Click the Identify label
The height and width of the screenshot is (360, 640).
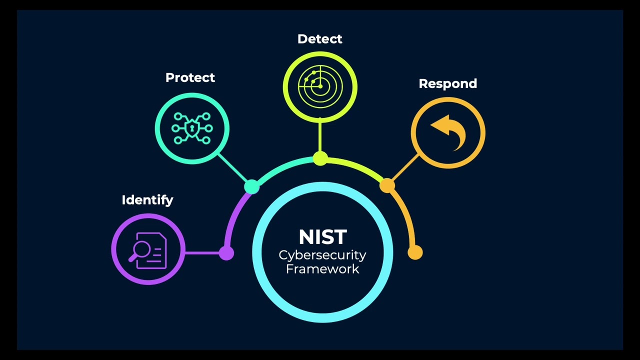[x=147, y=200]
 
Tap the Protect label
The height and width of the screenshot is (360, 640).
[x=190, y=78]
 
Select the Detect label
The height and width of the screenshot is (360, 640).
[x=319, y=39]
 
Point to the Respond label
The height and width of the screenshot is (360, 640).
[x=447, y=83]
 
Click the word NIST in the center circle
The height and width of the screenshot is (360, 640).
[x=322, y=237]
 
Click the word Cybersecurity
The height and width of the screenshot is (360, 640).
[x=322, y=255]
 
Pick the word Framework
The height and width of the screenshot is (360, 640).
[x=322, y=269]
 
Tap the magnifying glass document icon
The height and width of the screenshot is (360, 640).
[x=148, y=250]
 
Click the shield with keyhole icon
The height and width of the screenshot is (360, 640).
[x=192, y=128]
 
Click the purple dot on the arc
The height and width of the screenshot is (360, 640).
[x=226, y=252]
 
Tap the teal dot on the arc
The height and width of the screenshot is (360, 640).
[x=252, y=186]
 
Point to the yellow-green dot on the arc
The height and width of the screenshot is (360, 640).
[x=320, y=159]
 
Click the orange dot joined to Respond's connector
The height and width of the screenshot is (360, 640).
[x=386, y=186]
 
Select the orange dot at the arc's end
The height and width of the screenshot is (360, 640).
[x=415, y=252]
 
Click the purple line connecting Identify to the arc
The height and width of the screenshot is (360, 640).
[x=202, y=252]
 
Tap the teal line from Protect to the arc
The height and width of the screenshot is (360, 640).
[x=232, y=168]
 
